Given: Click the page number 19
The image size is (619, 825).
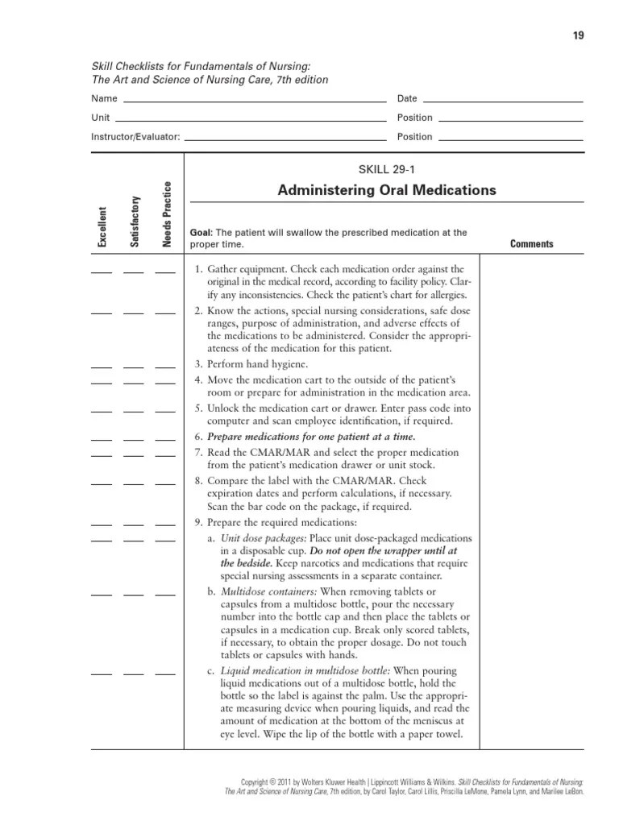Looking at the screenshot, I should coord(579,35).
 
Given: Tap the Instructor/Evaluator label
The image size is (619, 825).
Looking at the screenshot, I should coord(135,137).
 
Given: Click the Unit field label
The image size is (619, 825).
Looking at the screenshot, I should coord(100,118).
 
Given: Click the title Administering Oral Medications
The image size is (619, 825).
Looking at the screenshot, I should coord(387,190).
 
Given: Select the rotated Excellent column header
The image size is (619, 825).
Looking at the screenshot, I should coord(102,227).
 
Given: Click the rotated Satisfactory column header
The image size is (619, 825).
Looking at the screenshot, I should coord(135,222).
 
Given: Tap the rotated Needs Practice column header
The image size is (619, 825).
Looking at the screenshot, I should coord(167,215).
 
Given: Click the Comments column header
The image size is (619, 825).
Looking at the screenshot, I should coord(531,244).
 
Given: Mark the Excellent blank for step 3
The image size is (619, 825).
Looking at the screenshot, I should coord(102,367).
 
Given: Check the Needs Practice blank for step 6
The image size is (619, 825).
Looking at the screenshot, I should coord(165,440).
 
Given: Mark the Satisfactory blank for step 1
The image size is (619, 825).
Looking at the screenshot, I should coord(134,272).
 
